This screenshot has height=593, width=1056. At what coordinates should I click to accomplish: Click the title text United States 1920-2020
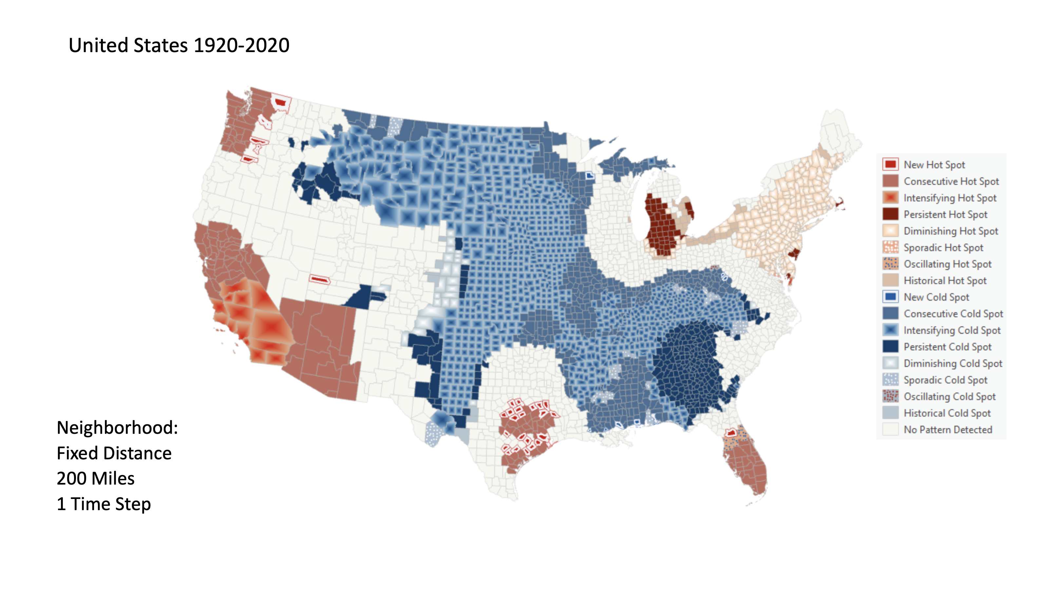point(179,45)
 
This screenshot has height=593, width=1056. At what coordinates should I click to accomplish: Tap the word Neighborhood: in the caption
point(117,428)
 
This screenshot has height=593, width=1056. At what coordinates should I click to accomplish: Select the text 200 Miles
point(96,478)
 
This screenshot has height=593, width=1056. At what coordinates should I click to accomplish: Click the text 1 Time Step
point(104,504)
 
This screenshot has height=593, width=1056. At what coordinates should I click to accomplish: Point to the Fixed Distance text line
point(114,453)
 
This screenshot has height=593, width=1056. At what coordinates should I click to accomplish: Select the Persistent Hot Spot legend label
point(945,214)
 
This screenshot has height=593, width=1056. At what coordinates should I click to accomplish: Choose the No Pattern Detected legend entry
point(947,430)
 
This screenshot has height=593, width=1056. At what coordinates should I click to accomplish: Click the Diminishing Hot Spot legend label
point(950,231)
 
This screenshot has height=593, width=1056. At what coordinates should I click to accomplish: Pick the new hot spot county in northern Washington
point(281,103)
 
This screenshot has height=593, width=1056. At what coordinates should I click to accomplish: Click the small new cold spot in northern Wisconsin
point(589,175)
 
